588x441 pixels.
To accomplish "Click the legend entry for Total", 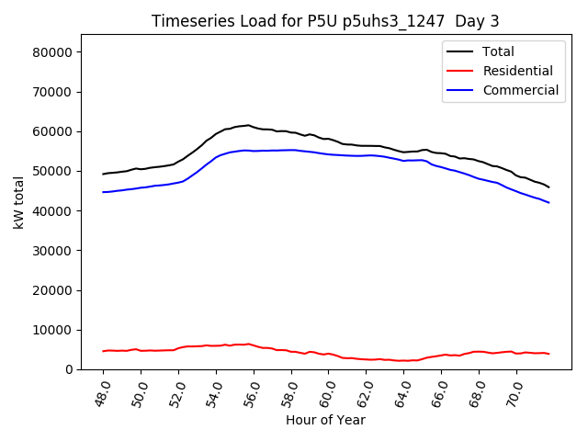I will pyautogui.click(x=498, y=51).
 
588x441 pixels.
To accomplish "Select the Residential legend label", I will pyautogui.click(x=517, y=71).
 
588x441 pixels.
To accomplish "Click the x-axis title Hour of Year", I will pyautogui.click(x=325, y=420).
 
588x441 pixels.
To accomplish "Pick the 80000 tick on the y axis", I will pyautogui.click(x=54, y=52).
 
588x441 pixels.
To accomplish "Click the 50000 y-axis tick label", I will pyautogui.click(x=54, y=171).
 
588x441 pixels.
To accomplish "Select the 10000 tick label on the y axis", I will pyautogui.click(x=54, y=330).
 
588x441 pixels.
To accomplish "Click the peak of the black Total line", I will pyautogui.click(x=248, y=125).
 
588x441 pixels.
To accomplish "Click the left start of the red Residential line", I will pyautogui.click(x=103, y=351).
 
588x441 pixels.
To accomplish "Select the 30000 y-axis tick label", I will pyautogui.click(x=54, y=250).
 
